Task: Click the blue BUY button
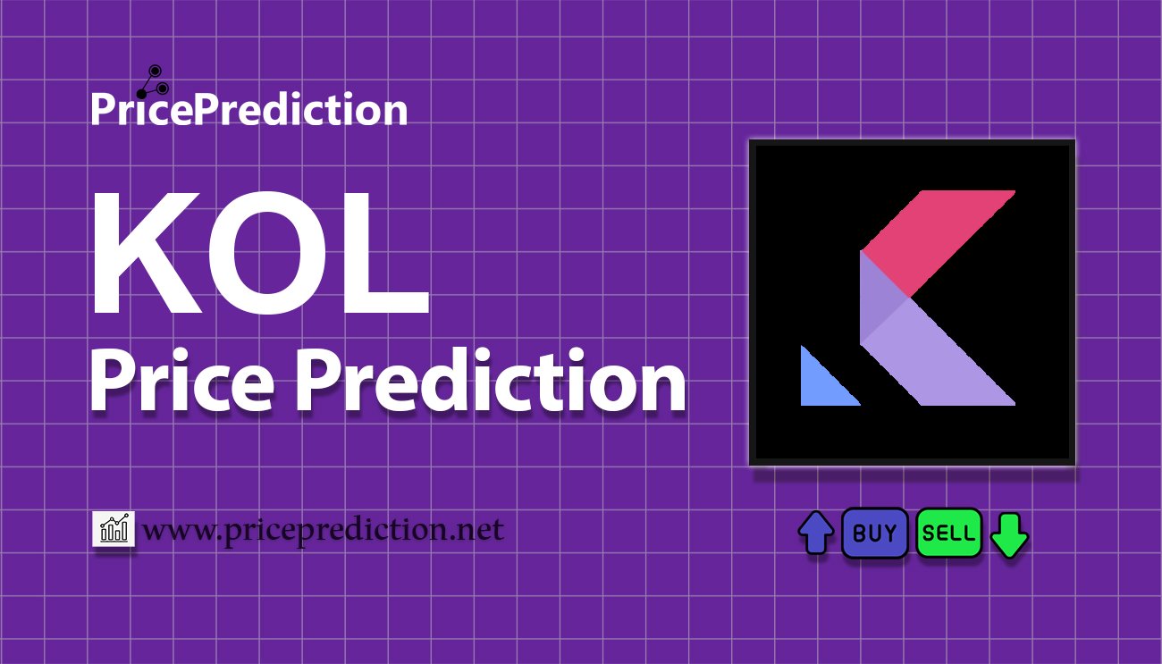click(874, 533)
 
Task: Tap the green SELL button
click(948, 533)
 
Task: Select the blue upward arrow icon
click(816, 533)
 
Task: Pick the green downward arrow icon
click(1009, 535)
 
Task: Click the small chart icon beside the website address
click(114, 528)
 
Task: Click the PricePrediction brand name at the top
click(249, 109)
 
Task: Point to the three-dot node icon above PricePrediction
click(153, 81)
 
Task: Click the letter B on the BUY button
click(860, 534)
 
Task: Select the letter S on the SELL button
click(928, 534)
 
